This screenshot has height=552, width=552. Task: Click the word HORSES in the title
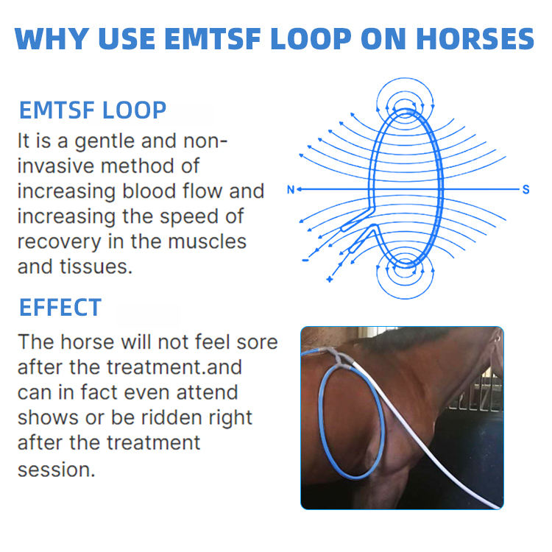[475, 38]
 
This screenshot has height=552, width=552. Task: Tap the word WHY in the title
[52, 38]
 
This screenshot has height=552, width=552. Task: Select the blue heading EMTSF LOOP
[93, 110]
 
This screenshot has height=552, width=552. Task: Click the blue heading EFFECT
[60, 308]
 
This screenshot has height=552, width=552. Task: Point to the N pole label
[291, 190]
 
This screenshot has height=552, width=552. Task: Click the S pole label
[526, 190]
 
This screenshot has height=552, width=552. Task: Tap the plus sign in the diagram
[329, 279]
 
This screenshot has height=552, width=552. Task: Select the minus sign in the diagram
[305, 261]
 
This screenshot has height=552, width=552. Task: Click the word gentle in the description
[105, 142]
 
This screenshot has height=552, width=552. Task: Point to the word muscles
[207, 241]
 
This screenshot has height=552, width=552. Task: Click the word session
[57, 470]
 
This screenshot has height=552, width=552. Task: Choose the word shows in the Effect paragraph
[49, 417]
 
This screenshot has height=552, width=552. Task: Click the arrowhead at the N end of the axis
[300, 189]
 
